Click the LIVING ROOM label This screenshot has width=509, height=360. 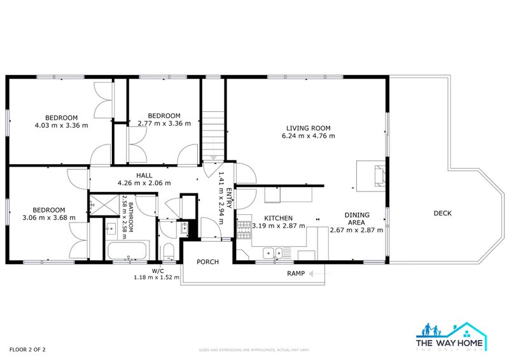click(308, 127)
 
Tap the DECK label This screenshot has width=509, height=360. click(442, 213)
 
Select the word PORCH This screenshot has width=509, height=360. click(207, 261)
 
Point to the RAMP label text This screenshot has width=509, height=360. click(296, 273)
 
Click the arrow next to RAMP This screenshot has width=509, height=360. click(316, 273)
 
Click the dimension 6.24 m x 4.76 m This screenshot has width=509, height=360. click(308, 135)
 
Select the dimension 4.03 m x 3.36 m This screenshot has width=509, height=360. click(61, 125)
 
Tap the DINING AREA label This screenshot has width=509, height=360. click(356, 219)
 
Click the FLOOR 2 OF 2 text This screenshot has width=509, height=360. click(27, 349)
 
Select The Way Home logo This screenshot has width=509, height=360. click(451, 336)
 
